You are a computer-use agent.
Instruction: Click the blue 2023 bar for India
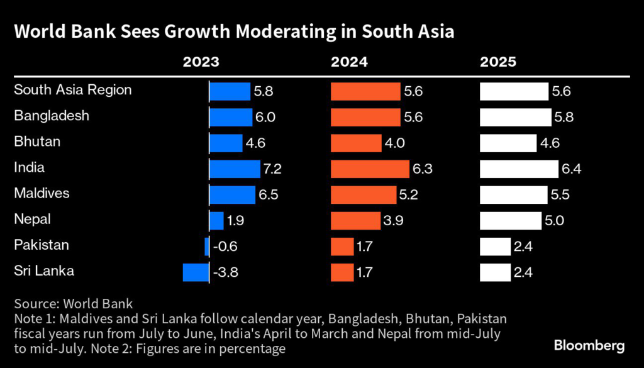click(235, 169)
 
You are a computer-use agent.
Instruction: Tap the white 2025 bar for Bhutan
click(508, 143)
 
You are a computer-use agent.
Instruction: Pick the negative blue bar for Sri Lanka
click(195, 272)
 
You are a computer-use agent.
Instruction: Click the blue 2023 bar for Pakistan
click(207, 246)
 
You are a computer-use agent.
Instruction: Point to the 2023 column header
click(201, 62)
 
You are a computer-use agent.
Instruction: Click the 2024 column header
click(350, 62)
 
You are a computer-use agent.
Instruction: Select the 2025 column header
click(498, 62)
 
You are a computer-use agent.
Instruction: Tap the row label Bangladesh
click(52, 116)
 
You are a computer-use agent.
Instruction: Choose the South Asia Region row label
click(73, 90)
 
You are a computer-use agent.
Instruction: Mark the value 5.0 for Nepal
click(556, 221)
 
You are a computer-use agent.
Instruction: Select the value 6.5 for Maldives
click(269, 195)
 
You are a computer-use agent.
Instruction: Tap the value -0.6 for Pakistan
click(225, 247)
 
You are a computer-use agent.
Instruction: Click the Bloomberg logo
click(589, 345)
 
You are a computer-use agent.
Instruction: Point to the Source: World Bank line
click(74, 304)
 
